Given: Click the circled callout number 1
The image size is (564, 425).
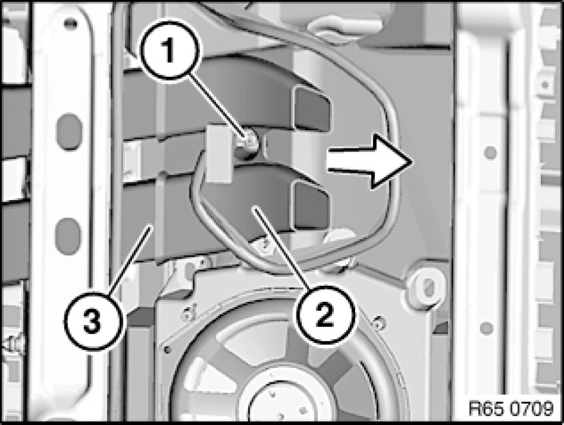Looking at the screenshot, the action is (x=169, y=51).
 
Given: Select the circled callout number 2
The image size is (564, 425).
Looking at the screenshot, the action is (x=325, y=315).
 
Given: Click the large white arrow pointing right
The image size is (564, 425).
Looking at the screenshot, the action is (x=369, y=161).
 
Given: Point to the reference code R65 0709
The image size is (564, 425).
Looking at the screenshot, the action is (x=511, y=408).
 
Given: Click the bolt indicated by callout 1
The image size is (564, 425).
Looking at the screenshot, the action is (x=248, y=142).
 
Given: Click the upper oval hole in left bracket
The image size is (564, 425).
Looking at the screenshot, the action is (x=70, y=132).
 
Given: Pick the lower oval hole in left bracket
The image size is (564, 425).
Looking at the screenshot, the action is (x=68, y=236).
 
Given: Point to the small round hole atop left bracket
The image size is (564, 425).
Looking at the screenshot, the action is (x=70, y=24).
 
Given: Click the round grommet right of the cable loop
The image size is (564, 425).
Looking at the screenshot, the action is (x=428, y=287).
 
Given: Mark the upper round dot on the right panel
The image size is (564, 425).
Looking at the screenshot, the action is (x=491, y=152).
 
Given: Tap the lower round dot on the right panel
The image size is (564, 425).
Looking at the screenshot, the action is (x=486, y=328).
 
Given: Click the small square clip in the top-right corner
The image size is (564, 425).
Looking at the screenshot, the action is (x=545, y=85).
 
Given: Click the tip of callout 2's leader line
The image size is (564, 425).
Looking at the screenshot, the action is (x=255, y=208).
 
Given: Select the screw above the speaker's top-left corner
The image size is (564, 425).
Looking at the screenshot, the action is (x=188, y=311).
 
